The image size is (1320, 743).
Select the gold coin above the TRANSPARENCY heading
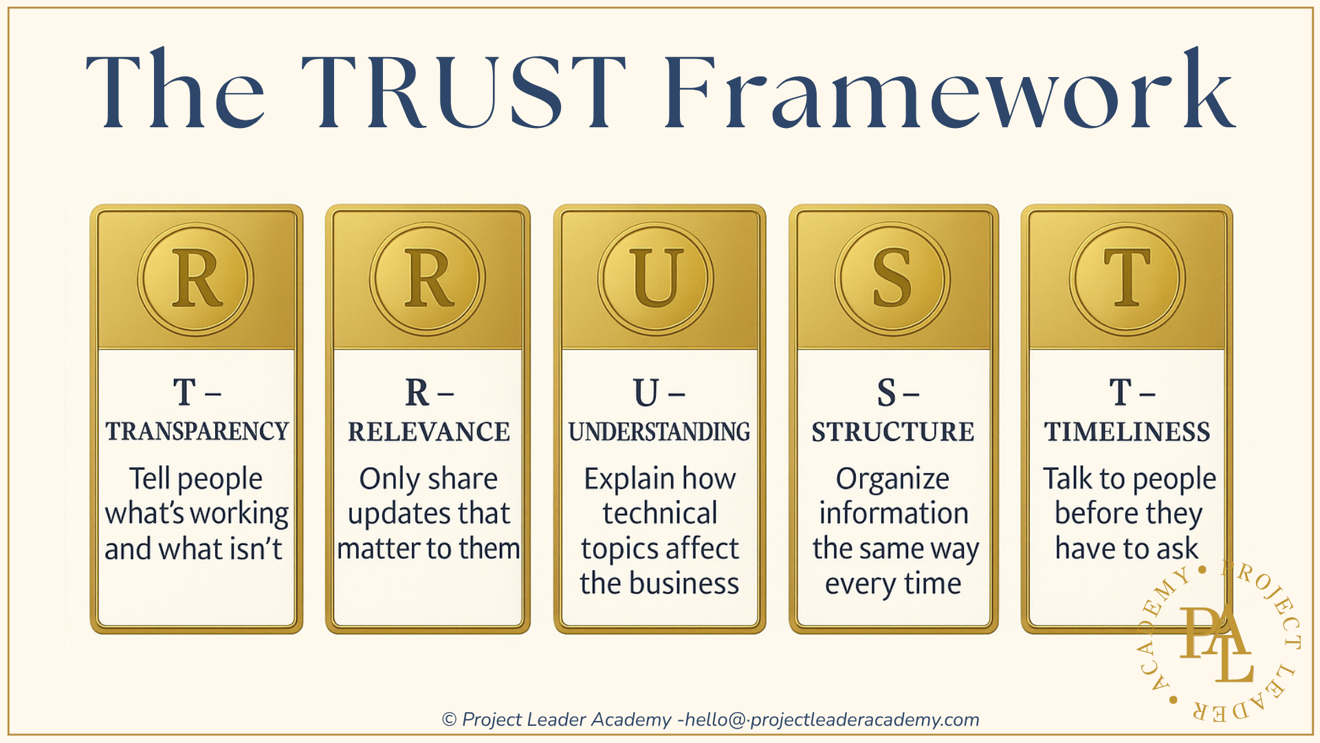[196, 279]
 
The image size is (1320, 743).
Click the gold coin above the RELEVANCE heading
[428, 279]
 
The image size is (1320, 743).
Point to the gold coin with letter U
[656, 279]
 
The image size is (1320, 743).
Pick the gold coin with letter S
[892, 279]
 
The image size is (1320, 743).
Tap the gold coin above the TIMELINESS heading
[1127, 279]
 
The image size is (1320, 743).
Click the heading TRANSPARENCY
[197, 431]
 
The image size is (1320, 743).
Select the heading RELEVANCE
[428, 432]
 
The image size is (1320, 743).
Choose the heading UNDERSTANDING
[659, 432]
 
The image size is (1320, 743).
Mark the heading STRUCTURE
[892, 432]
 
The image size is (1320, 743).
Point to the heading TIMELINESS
[1127, 432]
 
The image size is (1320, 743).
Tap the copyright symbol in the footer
[449, 720]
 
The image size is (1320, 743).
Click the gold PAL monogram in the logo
[1215, 643]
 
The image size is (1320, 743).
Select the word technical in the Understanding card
[660, 513]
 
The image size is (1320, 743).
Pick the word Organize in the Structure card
[892, 479]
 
